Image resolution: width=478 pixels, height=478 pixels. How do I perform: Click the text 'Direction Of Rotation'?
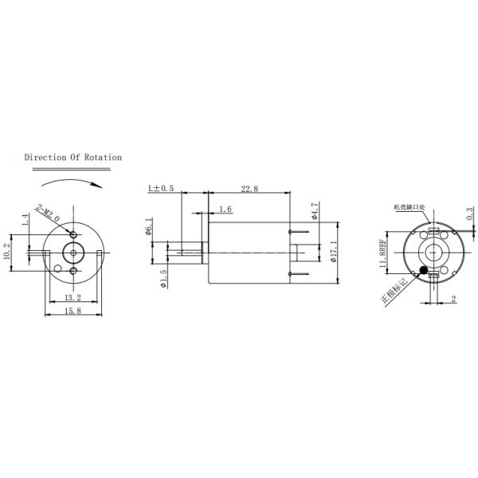click(x=72, y=158)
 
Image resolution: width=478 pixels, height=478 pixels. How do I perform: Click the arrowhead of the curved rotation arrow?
click(x=101, y=185)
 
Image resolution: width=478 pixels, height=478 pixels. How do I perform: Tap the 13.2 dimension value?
click(x=72, y=297)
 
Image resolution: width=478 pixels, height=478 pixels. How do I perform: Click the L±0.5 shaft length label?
click(x=161, y=189)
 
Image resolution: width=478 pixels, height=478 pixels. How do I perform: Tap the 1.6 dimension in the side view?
click(x=225, y=209)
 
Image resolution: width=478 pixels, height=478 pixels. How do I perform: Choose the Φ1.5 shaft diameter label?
click(x=163, y=279)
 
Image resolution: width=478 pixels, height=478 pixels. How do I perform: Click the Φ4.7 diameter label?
click(x=316, y=211)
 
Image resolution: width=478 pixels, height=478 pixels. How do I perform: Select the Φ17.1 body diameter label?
click(x=334, y=252)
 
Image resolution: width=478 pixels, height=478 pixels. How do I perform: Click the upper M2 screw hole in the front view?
click(x=73, y=235)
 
